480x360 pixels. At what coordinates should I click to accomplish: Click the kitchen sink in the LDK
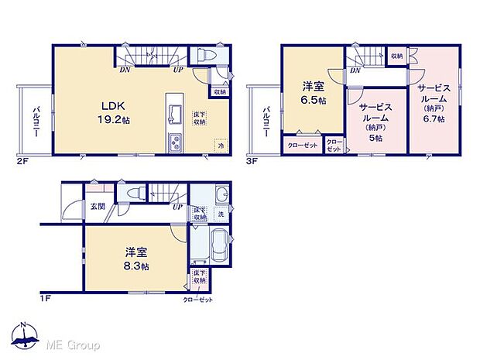click(174, 113)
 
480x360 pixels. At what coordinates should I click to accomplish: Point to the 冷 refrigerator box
click(221, 145)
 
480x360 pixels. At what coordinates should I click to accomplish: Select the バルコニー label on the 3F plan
click(266, 122)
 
